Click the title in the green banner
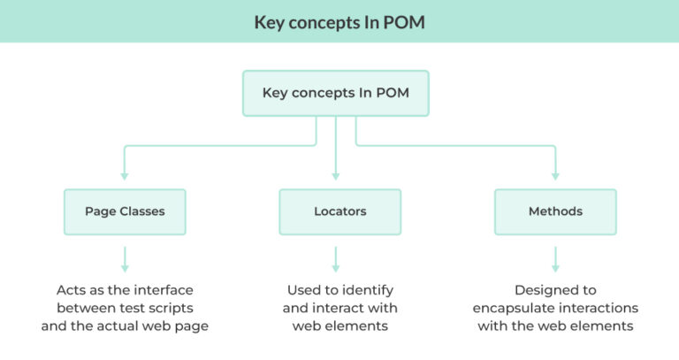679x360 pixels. pyautogui.click(x=339, y=22)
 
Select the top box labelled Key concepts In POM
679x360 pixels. pyautogui.click(x=336, y=93)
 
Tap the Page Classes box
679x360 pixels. pyautogui.click(x=125, y=211)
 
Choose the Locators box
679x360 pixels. pyautogui.click(x=339, y=211)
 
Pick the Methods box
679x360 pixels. pyautogui.click(x=555, y=211)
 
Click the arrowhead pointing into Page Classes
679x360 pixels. pyautogui.click(x=125, y=177)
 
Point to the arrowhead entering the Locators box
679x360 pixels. pyautogui.click(x=336, y=177)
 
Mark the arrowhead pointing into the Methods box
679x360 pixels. pyautogui.click(x=555, y=177)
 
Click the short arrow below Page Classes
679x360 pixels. pyautogui.click(x=125, y=259)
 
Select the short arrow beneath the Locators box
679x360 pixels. pyautogui.click(x=336, y=259)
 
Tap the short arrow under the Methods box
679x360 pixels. pyautogui.click(x=555, y=259)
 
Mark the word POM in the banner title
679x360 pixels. pyautogui.click(x=404, y=22)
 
